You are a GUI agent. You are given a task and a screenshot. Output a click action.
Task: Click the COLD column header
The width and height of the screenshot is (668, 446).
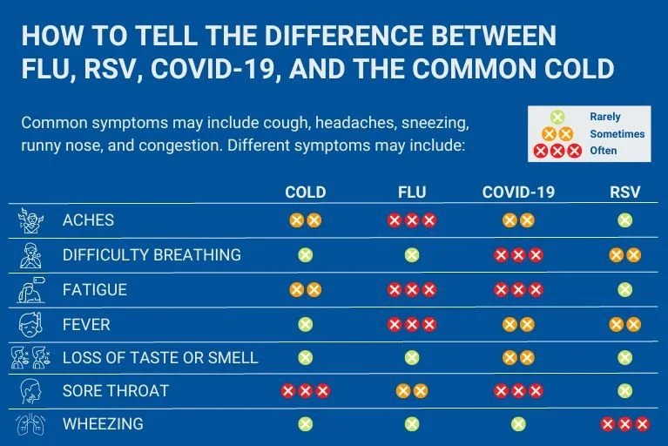coord(305,193)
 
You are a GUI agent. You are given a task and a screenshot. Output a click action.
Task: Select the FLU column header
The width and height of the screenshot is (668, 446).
coord(411,193)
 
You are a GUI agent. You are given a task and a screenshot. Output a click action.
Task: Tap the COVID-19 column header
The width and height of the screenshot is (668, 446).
coord(518,193)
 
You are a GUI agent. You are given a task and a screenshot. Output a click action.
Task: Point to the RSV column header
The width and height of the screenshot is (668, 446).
coord(624,193)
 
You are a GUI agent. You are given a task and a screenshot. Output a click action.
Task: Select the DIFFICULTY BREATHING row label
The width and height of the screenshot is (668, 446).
coord(152,255)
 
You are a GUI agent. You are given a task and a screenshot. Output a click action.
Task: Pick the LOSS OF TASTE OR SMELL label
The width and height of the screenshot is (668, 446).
coord(160,357)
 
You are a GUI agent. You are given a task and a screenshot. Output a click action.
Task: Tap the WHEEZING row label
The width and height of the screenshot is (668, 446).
coord(103,425)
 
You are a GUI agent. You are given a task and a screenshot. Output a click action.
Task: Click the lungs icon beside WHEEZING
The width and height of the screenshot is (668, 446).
coord(30,425)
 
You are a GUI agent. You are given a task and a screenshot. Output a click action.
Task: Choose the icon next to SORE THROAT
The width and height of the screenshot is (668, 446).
coord(30,391)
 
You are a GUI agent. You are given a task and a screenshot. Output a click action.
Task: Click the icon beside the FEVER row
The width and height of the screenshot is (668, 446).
coord(30,324)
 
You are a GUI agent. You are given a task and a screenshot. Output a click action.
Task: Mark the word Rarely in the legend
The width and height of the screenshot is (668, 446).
coord(605,117)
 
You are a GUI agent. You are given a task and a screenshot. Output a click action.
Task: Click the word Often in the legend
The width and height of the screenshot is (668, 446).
coord(603,151)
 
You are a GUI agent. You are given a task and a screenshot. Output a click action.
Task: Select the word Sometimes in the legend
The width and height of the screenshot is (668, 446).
coord(617,134)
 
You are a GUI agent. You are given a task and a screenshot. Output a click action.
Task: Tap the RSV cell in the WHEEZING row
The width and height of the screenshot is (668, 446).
coord(624,424)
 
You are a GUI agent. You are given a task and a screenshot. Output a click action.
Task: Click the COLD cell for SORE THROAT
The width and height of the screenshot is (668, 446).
coord(305,391)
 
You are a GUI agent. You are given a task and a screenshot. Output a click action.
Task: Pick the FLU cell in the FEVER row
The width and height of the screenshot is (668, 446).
coord(411,324)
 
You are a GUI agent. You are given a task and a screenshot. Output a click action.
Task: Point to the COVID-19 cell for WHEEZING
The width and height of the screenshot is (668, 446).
coord(518,424)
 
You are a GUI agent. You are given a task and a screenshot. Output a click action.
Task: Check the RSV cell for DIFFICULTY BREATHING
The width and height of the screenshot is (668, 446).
coord(624,255)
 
